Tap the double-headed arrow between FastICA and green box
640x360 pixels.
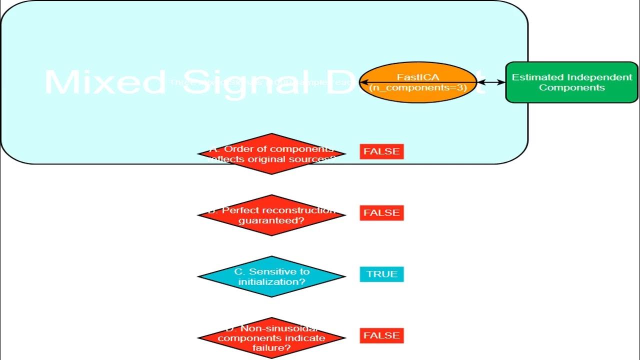tap(491, 82)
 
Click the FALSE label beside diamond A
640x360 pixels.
tap(381, 151)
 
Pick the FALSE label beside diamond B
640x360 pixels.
tap(381, 213)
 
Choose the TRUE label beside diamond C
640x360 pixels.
tap(381, 274)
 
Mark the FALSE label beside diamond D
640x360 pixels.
tap(381, 335)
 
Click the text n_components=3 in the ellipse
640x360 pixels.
tap(418, 87)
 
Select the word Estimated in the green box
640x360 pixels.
tap(537, 77)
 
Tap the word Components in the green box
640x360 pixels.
tap(572, 87)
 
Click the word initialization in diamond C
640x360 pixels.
tap(271, 281)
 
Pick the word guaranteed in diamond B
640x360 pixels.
tap(271, 220)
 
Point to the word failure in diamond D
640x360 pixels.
tap(271, 347)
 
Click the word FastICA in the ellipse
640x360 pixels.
tap(418, 77)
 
